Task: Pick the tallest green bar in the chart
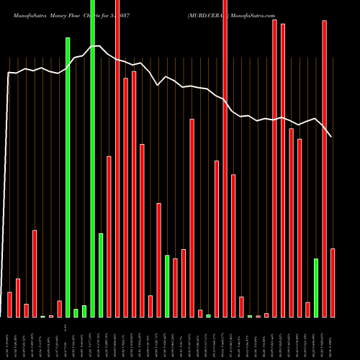pos(93,158)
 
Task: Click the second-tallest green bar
pos(68,177)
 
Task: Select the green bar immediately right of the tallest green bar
pos(101,275)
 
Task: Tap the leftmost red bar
pos(9,305)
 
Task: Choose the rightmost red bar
pos(333,282)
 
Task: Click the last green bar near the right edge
pos(316,287)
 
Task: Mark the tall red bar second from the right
pos(324,168)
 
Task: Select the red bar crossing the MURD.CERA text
pos(225,158)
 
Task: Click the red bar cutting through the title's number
pos(117,158)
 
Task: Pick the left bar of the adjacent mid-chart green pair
pos(167,286)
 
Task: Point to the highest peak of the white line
pos(94,46)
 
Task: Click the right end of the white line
pos(331,136)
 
